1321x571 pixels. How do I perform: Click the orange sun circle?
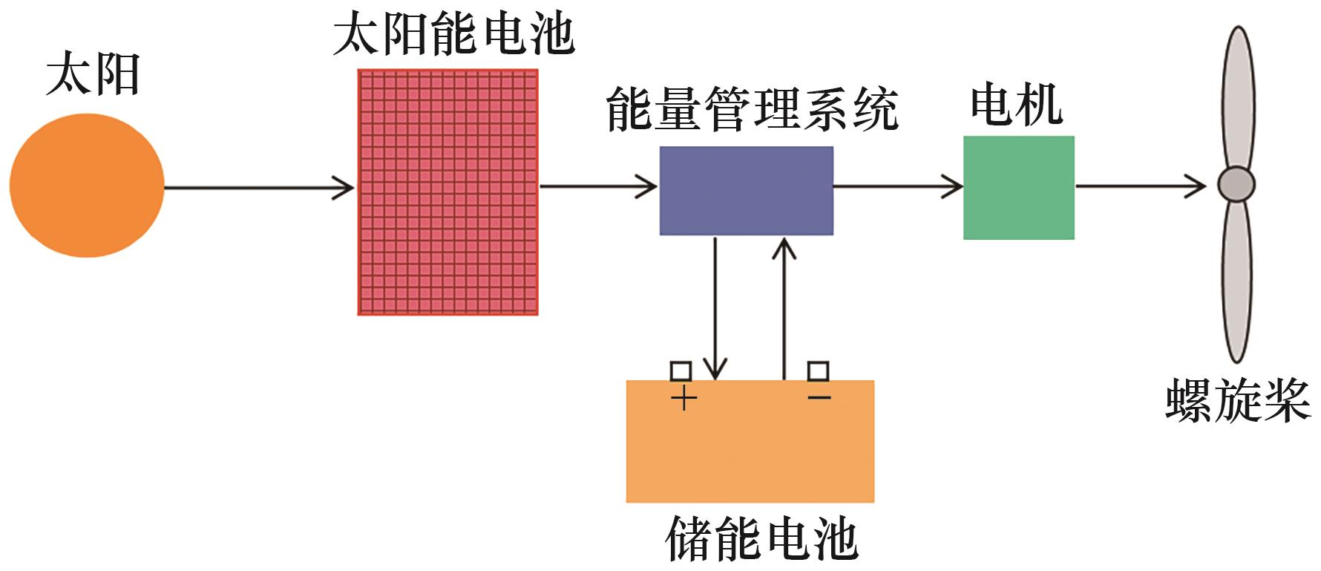click(x=86, y=186)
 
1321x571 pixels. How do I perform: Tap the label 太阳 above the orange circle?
click(x=93, y=76)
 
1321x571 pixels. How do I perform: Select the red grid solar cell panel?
click(x=448, y=192)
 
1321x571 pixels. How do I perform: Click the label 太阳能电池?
click(x=453, y=34)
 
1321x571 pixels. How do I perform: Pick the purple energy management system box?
click(x=746, y=191)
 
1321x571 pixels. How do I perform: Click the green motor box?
click(x=1018, y=187)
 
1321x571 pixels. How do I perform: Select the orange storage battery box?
click(x=750, y=446)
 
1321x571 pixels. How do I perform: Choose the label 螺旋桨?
click(x=1237, y=401)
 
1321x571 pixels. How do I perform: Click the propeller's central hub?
click(x=1236, y=185)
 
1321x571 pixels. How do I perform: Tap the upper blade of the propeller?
click(x=1238, y=97)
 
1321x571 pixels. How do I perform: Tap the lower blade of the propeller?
click(x=1236, y=282)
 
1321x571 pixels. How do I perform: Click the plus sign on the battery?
click(x=684, y=399)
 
